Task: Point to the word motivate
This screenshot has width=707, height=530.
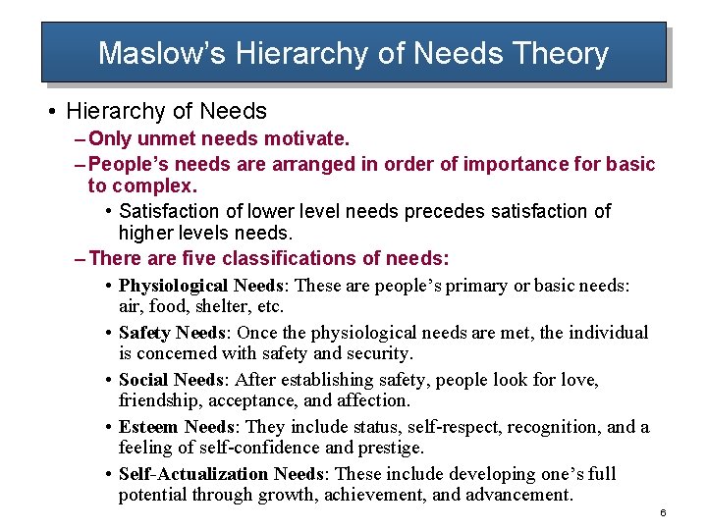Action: (307, 139)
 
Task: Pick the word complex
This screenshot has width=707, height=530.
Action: (154, 185)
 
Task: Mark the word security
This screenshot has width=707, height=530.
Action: (378, 353)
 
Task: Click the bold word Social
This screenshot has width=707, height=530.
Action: (143, 379)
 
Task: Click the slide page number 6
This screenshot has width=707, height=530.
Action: (664, 514)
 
